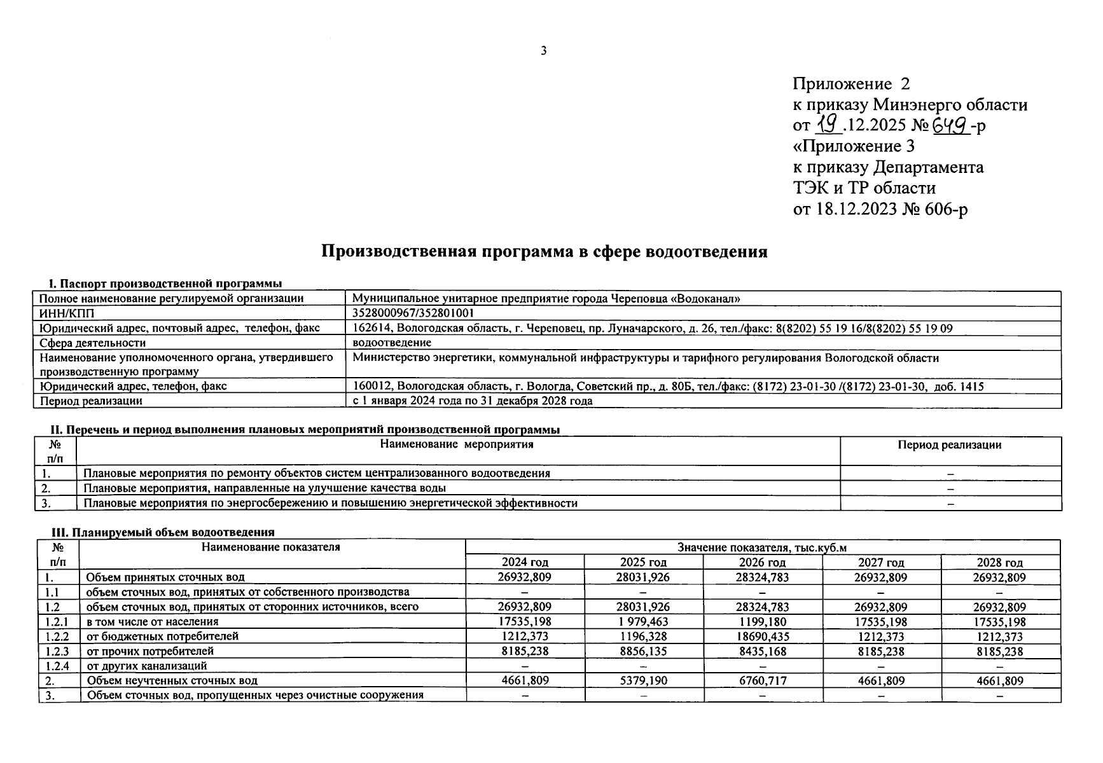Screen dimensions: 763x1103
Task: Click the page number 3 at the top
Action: [x=543, y=51]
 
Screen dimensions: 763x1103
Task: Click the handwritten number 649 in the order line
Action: [x=950, y=125]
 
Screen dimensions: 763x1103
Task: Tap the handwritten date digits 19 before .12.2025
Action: [x=828, y=125]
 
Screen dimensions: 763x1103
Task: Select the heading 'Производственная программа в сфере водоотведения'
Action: [x=544, y=252]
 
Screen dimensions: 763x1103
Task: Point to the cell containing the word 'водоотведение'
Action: [x=392, y=343]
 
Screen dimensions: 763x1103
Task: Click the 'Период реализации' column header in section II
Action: [x=949, y=445]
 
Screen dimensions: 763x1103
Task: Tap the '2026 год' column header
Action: [x=762, y=563]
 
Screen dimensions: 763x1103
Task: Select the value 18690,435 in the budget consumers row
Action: [x=762, y=636]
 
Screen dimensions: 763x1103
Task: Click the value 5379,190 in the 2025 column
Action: [x=643, y=680]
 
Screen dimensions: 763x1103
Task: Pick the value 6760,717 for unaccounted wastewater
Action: [x=762, y=680]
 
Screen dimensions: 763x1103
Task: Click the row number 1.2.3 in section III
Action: [x=58, y=651]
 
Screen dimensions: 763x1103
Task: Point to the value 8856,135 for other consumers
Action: [x=643, y=651]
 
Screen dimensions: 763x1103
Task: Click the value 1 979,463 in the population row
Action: [x=643, y=622]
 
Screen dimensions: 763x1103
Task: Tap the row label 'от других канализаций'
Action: [x=147, y=666]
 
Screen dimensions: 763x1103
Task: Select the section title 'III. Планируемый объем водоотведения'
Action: [x=162, y=533]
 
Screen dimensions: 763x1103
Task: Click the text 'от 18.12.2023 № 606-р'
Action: [x=880, y=209]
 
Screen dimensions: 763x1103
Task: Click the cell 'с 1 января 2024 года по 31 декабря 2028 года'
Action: [x=472, y=401]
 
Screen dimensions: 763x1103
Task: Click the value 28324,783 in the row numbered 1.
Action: [x=762, y=577]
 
